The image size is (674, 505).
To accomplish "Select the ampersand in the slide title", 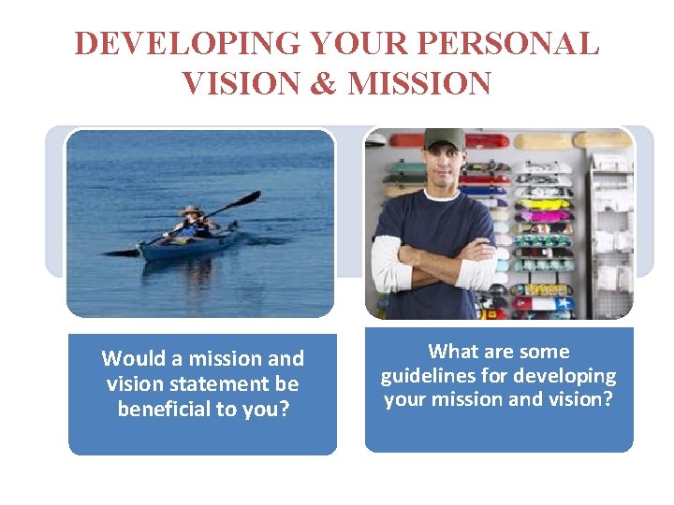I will coord(324,84).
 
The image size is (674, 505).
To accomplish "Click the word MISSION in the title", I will coord(419,84).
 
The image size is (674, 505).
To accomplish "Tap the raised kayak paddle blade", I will coord(248,198).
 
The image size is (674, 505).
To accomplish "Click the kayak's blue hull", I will coord(187,244).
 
